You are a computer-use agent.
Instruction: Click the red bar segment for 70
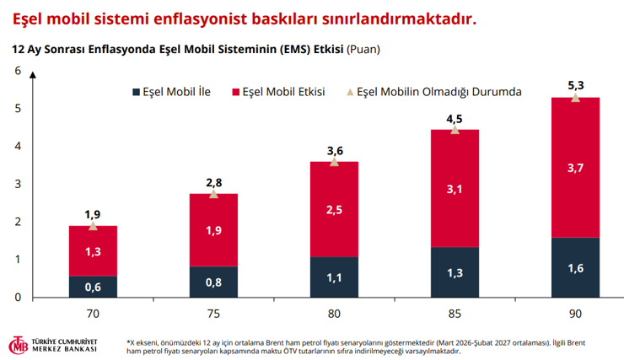[93, 250]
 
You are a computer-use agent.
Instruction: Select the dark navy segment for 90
[575, 267]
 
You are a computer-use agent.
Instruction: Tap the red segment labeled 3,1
[455, 188]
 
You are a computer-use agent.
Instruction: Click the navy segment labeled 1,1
[334, 277]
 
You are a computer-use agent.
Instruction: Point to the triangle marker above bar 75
[213, 194]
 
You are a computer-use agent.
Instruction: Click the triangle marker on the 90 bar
[575, 98]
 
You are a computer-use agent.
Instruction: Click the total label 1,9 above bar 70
[93, 215]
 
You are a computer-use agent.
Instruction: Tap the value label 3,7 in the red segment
[575, 168]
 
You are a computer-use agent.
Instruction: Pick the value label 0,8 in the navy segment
[213, 282]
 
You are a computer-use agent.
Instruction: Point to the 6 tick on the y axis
[17, 71]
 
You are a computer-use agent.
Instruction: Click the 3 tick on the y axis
[17, 184]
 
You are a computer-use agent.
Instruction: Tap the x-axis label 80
[334, 313]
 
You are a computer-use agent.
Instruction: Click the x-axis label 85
[455, 313]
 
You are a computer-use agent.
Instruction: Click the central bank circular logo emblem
[19, 346]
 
